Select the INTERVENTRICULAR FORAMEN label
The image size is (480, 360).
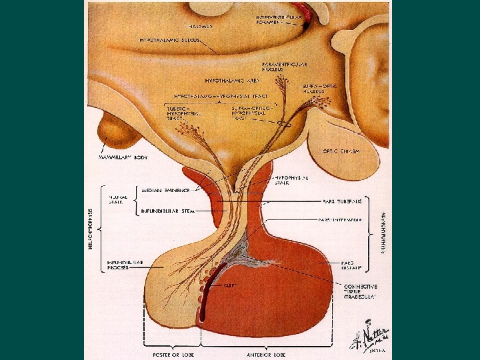(x=275, y=19)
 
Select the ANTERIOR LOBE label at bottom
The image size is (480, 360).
(x=270, y=353)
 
